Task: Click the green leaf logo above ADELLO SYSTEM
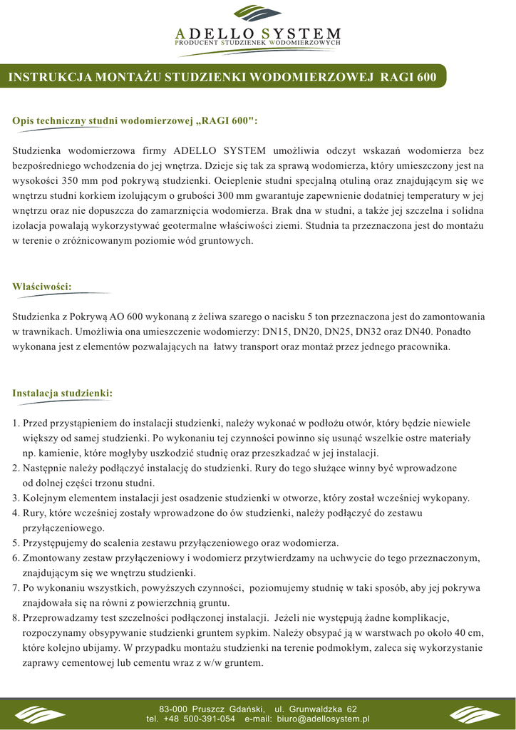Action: pyautogui.click(x=257, y=14)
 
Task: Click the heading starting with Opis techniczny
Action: pyautogui.click(x=135, y=121)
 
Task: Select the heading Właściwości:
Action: pyautogui.click(x=42, y=286)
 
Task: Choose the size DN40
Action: pyautogui.click(x=417, y=331)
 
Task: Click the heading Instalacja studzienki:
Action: pyautogui.click(x=63, y=393)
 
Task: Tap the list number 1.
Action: pyautogui.click(x=16, y=423)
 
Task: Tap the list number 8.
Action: pyautogui.click(x=16, y=617)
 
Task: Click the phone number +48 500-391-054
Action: pyautogui.click(x=200, y=719)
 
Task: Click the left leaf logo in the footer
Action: pyautogui.click(x=40, y=714)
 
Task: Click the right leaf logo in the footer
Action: pyautogui.click(x=475, y=714)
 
